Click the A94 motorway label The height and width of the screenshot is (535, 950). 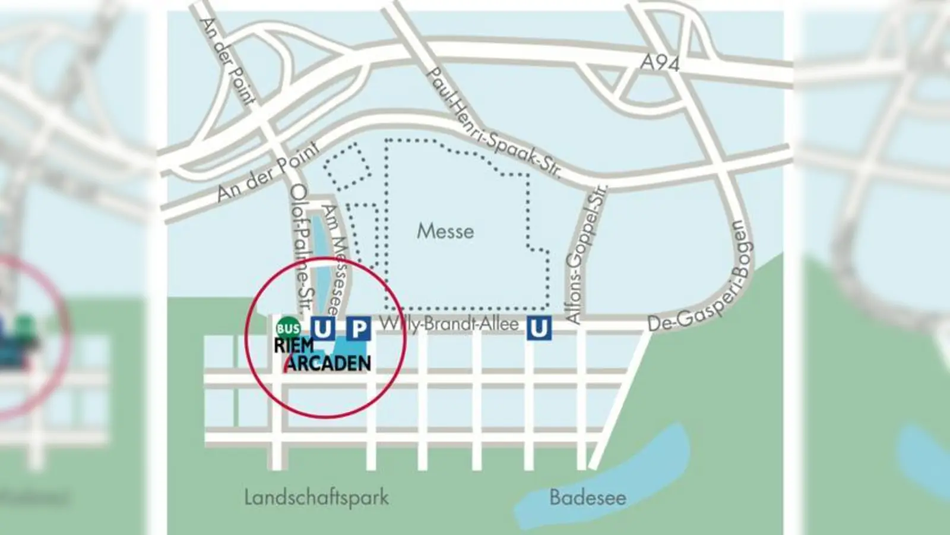point(659,62)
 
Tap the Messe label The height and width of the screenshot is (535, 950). point(445,231)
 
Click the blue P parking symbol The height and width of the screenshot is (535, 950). point(358,328)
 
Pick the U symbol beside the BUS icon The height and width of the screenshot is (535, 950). point(322,328)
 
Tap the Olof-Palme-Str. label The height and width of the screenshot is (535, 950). point(302,250)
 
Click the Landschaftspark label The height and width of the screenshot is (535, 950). point(316,497)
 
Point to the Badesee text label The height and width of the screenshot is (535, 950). point(587,497)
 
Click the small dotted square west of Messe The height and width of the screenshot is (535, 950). point(347,165)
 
